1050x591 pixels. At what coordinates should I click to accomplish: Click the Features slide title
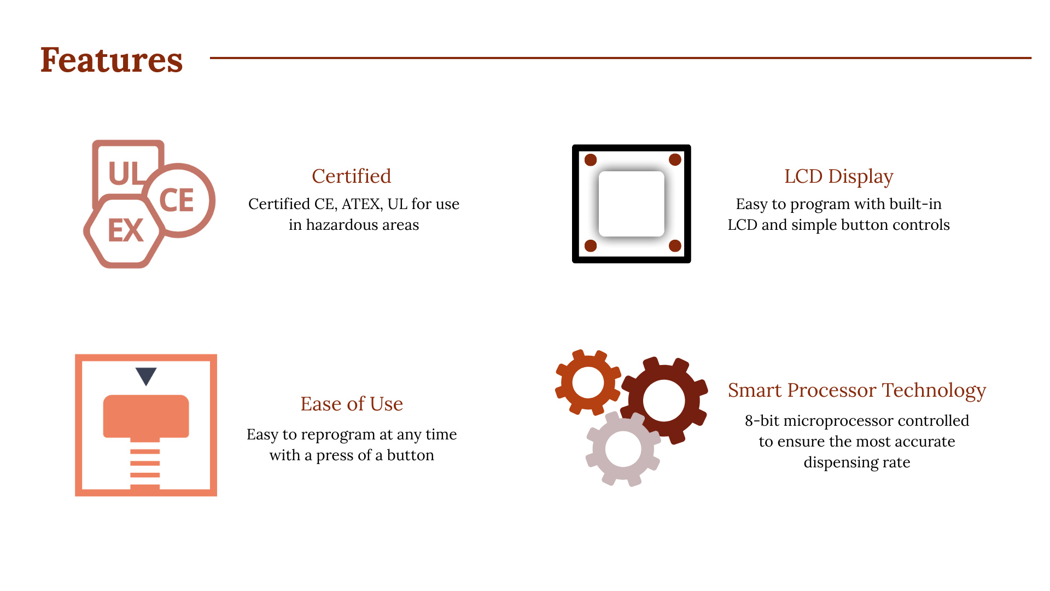[112, 60]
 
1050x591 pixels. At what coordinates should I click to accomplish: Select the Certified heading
[352, 176]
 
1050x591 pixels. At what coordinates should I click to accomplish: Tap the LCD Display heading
[839, 177]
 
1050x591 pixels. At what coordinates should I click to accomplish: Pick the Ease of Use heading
[352, 404]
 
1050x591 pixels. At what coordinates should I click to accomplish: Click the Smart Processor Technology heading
[857, 391]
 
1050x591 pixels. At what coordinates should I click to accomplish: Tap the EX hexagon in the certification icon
[125, 230]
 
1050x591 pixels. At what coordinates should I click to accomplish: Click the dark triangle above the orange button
[146, 376]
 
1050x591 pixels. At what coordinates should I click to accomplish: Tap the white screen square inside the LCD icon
[632, 204]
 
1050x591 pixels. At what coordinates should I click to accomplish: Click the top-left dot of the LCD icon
[591, 160]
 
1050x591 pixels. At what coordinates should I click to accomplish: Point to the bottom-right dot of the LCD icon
[675, 246]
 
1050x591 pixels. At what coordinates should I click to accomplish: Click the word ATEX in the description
[361, 204]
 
